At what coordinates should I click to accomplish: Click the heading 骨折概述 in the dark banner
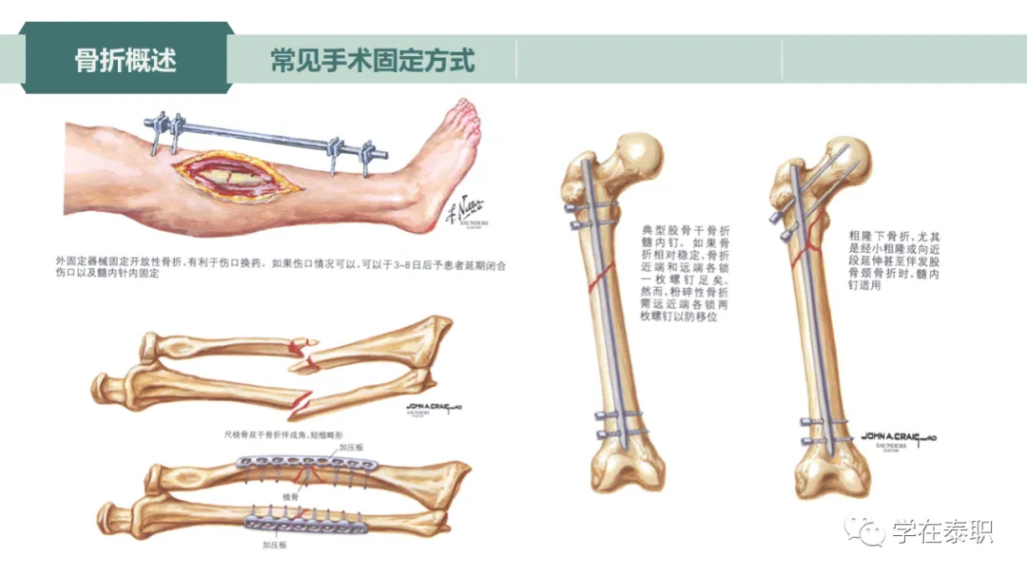[126, 61]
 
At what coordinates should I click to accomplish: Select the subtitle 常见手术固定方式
[372, 61]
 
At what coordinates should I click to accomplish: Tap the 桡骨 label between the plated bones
[291, 497]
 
